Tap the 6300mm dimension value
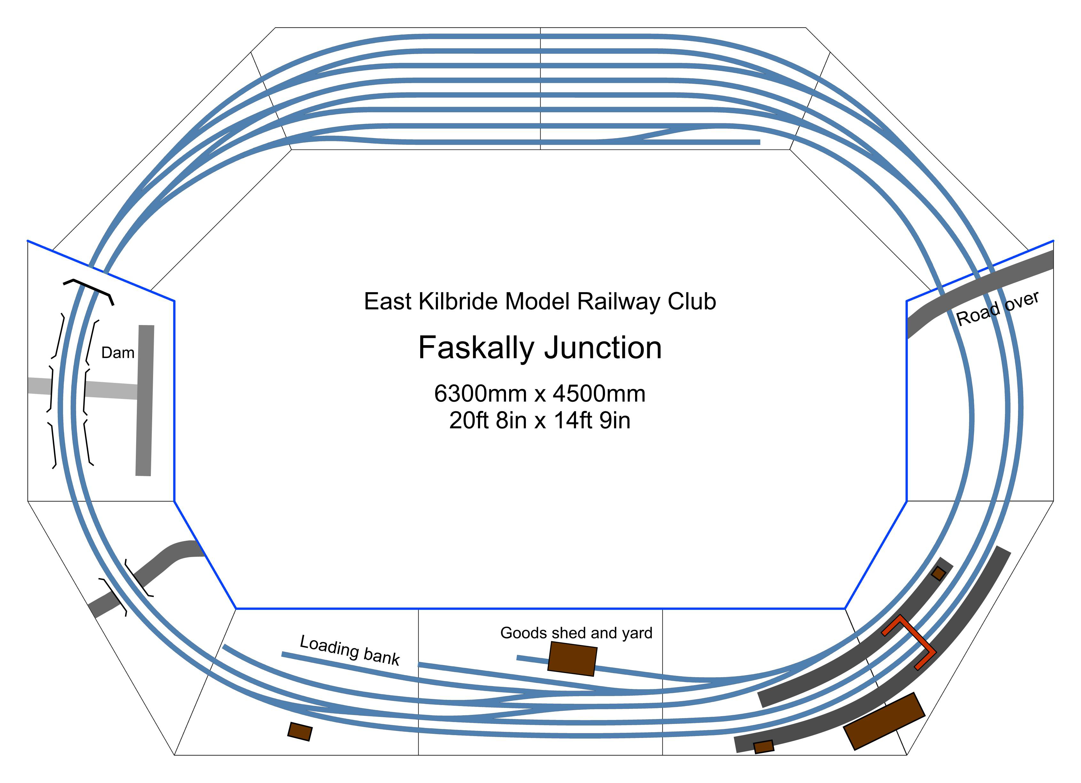pos(480,394)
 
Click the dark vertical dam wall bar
pos(145,400)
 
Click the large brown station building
pos(884,721)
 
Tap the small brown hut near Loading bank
pos(300,732)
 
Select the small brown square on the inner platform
pos(938,573)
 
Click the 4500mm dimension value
pos(599,394)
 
